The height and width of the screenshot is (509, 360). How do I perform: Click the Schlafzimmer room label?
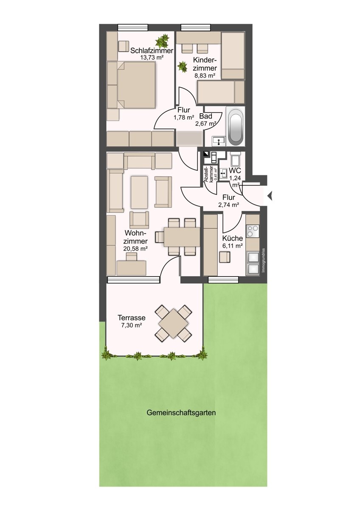pos(152,50)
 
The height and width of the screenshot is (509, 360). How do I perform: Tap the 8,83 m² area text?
pos(205,76)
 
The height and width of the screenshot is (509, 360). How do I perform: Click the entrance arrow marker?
pos(270,196)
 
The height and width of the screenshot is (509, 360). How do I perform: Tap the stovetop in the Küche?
pos(253,231)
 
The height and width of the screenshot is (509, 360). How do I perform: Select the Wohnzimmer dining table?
pos(182,237)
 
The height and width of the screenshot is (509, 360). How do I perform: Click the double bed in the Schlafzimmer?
pos(136,85)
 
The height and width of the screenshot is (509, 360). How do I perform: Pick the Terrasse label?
pos(132,317)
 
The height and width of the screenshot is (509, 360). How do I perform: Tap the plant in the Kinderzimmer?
pos(183,67)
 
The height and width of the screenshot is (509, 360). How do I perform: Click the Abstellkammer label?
pos(209,174)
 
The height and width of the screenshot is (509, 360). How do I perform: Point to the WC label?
pos(235,171)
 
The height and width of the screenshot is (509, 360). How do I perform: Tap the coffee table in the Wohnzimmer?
pos(139,192)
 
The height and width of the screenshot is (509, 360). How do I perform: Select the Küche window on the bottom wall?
pos(223,280)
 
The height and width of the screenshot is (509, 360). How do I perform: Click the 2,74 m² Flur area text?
pos(228,205)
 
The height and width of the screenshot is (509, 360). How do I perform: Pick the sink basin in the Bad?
pos(219,141)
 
